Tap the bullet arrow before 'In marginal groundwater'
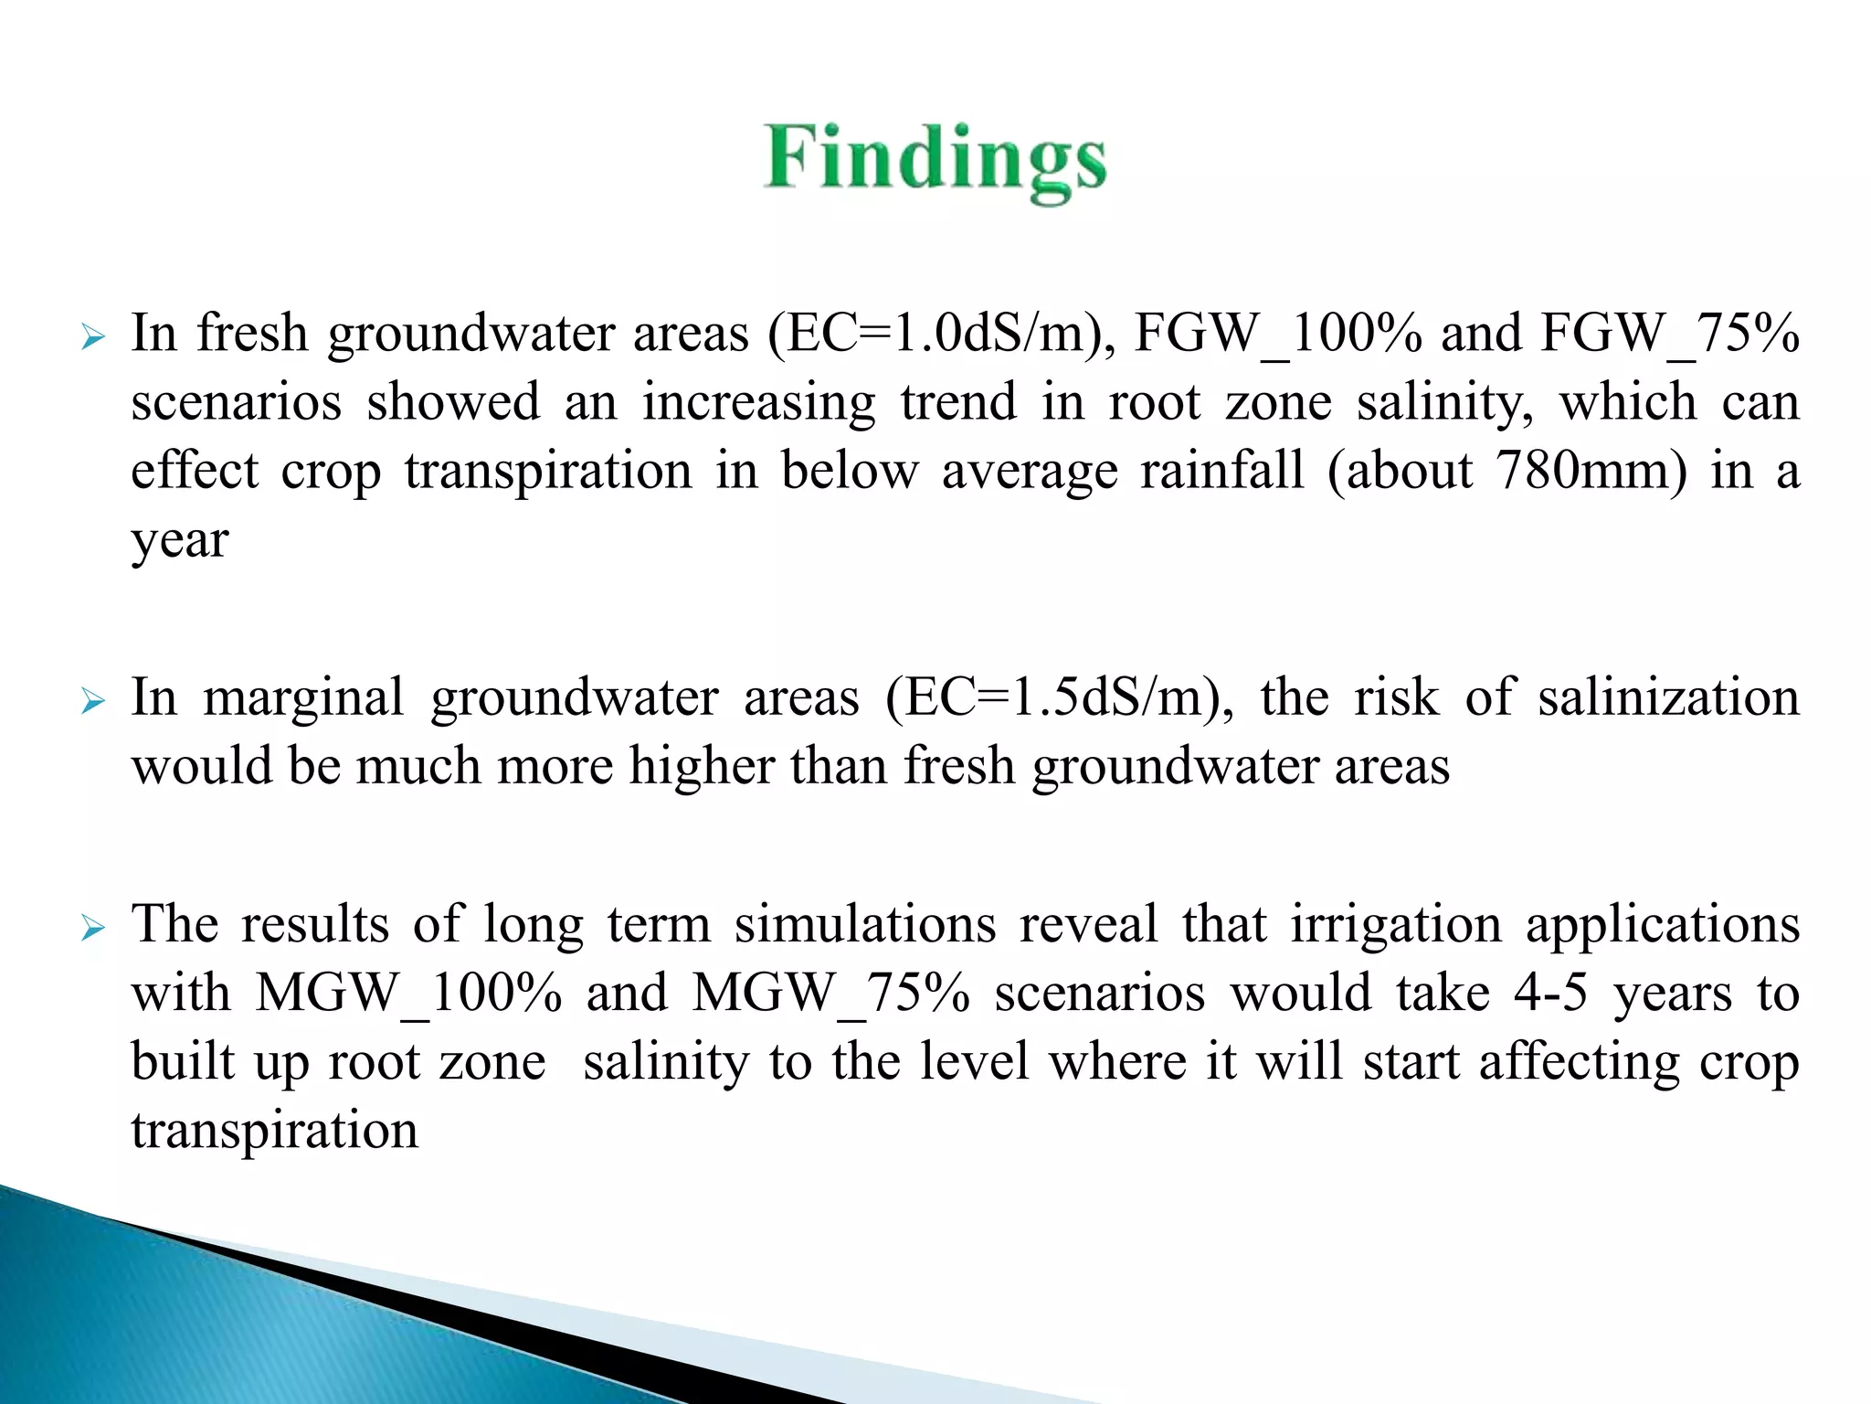[93, 702]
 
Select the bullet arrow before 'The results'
[93, 929]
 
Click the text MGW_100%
[408, 993]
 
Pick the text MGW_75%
[830, 993]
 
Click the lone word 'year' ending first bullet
[179, 541]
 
